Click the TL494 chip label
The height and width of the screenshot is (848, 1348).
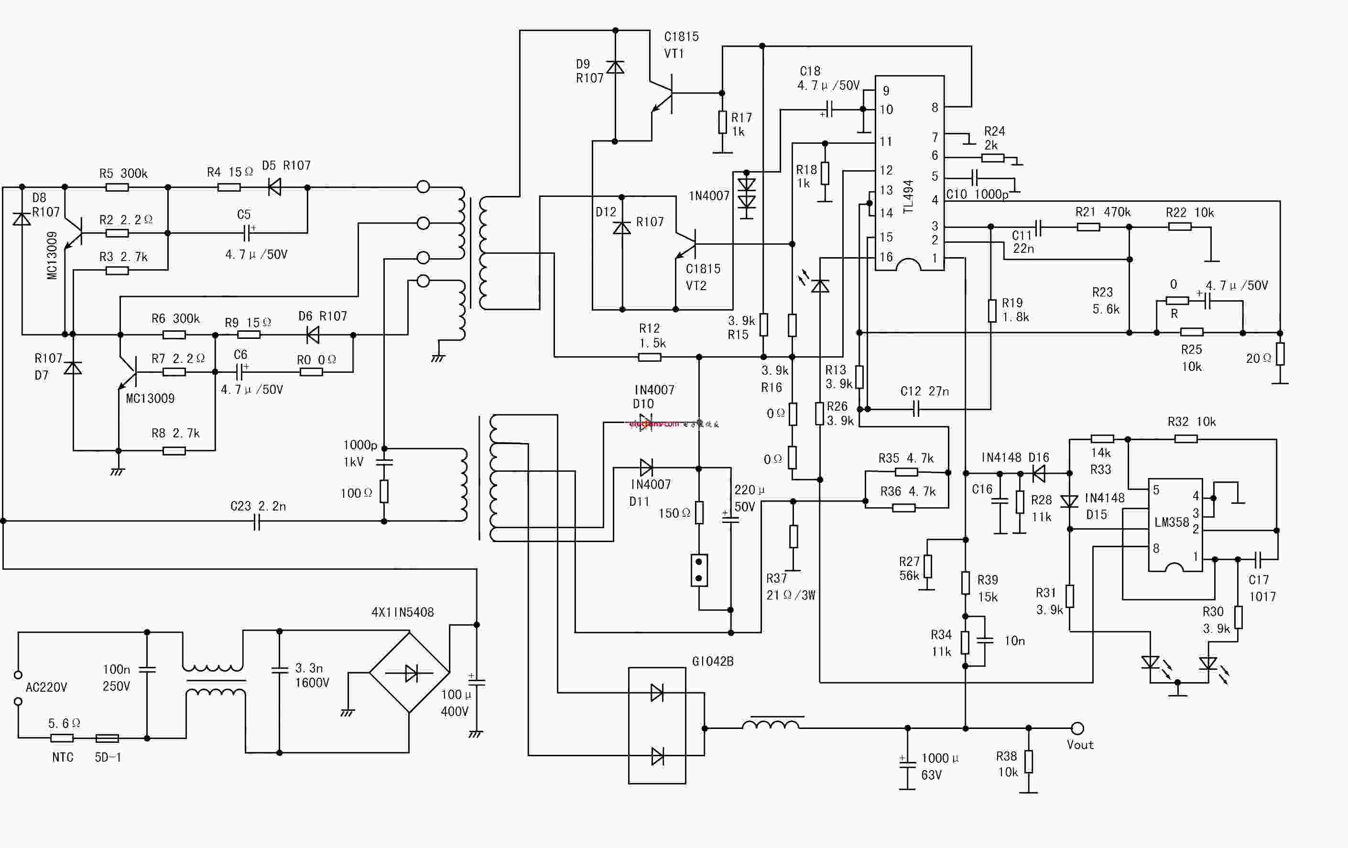[908, 197]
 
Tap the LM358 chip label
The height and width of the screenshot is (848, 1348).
[1171, 522]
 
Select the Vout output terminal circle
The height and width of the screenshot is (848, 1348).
[1077, 728]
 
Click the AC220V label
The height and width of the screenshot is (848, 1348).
[46, 687]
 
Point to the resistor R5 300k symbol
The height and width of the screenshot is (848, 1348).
[117, 187]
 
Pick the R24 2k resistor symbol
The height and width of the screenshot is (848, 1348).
[992, 158]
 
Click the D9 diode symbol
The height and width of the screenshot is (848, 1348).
[615, 67]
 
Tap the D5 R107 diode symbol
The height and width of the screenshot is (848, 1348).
[274, 187]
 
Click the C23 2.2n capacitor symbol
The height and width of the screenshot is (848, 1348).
[256, 522]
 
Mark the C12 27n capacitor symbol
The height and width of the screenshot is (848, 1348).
[916, 409]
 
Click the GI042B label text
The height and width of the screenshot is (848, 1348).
[712, 661]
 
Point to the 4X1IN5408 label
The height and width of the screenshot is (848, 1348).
[402, 612]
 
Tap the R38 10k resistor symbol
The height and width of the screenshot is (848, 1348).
[1028, 761]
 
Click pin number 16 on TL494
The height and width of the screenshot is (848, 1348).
[886, 257]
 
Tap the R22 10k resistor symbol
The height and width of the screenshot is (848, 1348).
[1180, 227]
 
